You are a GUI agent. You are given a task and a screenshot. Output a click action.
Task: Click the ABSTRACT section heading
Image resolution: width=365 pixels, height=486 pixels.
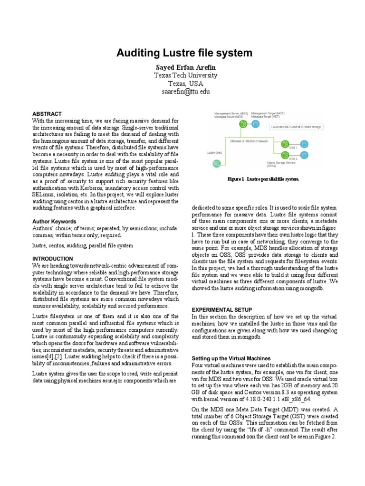coord(47,114)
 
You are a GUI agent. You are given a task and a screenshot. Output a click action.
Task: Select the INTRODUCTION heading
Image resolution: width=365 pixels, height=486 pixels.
coord(52,259)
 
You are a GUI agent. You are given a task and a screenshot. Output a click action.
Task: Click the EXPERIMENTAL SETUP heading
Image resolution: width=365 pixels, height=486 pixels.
coord(221,309)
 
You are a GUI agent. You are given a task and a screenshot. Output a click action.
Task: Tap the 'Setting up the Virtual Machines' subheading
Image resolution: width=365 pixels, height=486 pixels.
coord(231,358)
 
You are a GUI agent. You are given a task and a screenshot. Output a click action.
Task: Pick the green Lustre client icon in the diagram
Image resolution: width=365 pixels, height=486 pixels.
coord(216,164)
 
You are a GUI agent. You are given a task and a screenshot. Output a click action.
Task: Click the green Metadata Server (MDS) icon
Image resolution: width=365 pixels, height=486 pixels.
coord(243,124)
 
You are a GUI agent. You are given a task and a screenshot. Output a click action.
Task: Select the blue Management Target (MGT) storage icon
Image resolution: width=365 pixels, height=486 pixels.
coord(255,124)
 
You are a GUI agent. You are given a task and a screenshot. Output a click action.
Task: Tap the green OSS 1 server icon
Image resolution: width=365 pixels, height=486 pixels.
coord(285,143)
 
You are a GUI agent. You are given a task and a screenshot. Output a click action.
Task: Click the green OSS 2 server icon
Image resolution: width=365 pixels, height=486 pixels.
coord(285,155)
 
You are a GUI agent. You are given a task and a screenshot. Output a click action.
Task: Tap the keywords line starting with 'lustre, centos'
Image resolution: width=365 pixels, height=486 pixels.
coord(83,246)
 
